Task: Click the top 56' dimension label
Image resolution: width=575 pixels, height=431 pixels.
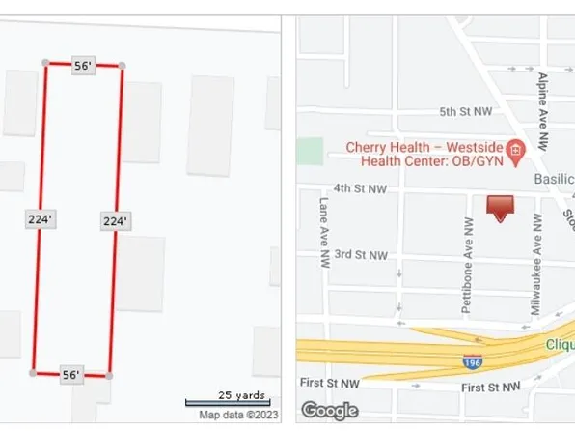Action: pos(83,66)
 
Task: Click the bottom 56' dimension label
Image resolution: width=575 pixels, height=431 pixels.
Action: pos(70,374)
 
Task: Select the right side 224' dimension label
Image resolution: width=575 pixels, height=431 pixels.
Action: pos(115,221)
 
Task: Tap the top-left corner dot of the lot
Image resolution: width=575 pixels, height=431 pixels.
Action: pos(45,63)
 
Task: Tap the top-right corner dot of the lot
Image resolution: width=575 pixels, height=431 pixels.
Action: pos(121,67)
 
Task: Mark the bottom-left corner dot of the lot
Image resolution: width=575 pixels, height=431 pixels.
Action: pos(33,372)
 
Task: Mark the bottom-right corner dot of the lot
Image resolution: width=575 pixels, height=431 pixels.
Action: pos(108,374)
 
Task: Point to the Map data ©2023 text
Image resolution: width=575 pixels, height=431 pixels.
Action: pos(236,416)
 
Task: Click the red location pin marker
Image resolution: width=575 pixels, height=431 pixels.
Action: pos(500,207)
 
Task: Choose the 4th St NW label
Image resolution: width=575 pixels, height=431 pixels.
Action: pos(360,188)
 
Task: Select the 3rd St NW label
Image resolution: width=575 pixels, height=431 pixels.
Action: pos(360,255)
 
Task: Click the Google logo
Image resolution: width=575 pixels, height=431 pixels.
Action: pos(329,411)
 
